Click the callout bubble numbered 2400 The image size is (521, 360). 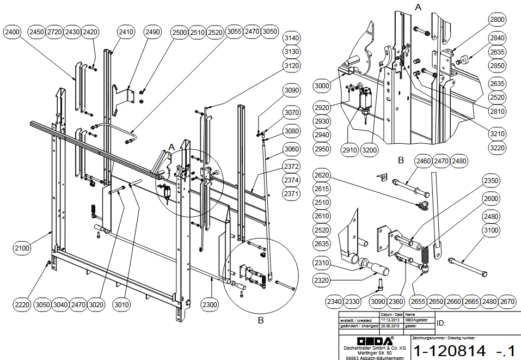point(13,32)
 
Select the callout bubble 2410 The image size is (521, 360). point(125,32)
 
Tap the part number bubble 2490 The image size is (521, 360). point(153,32)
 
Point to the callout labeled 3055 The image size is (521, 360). point(234,32)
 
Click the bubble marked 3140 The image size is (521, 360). point(292,38)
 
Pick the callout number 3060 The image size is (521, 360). point(292,149)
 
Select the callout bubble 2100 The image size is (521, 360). point(22,248)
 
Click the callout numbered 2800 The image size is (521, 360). point(497,20)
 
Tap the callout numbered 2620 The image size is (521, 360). point(322,175)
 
